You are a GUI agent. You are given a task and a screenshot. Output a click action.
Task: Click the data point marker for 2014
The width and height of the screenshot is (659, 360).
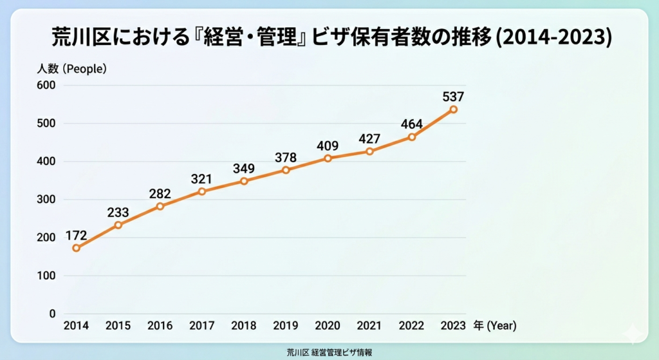pos(76,248)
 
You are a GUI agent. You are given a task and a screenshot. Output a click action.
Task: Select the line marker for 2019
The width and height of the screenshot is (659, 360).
pos(286,170)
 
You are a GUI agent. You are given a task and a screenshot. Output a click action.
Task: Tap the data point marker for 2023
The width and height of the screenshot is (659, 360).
pos(454,109)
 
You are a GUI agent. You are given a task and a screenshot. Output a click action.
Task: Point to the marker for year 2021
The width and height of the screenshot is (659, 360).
pos(369,151)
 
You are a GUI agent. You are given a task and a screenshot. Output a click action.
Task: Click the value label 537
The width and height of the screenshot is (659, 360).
pos(453,97)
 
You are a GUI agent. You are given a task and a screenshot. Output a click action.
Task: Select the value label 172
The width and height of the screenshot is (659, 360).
pos(77,235)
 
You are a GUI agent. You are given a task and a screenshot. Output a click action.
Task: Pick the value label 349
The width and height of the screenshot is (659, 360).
pos(244,169)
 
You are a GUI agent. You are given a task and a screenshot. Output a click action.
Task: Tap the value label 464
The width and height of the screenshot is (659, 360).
pos(411,124)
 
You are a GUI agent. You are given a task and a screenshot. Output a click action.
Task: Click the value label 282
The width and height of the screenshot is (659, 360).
pos(160,193)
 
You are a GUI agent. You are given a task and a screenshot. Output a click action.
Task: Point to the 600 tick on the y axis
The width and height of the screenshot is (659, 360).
pos(47,85)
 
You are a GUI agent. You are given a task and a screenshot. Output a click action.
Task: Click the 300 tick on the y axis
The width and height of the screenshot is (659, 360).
pos(47,200)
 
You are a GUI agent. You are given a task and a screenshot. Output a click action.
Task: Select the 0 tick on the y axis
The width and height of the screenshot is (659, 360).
pos(52,314)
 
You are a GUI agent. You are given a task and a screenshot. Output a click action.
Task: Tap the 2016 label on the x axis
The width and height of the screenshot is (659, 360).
pos(160,326)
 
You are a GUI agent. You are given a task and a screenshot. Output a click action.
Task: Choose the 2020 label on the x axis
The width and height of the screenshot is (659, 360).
pos(328,326)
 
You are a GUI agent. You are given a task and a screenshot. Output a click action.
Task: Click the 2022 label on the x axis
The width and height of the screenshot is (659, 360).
pos(411,326)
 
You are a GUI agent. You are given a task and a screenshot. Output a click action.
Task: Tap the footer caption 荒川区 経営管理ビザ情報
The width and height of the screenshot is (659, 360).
pos(329,352)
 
